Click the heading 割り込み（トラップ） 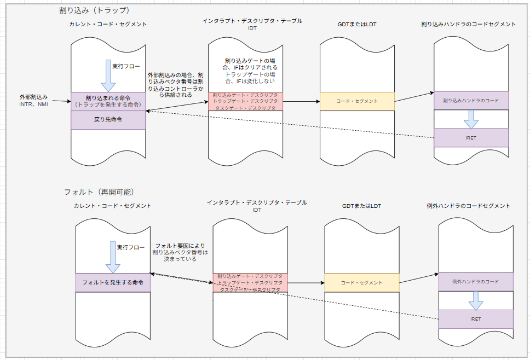tap(94, 10)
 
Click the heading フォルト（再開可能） tap(99, 192)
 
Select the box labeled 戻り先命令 tap(108, 119)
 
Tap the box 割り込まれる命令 tap(108, 101)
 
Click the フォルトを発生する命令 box tap(113, 282)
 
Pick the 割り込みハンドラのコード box tap(471, 100)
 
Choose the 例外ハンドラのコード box tap(475, 281)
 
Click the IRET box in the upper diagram tap(471, 138)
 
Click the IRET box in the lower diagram tap(475, 319)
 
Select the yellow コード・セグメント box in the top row tap(357, 101)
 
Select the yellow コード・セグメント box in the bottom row tap(361, 282)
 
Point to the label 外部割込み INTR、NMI tap(34, 100)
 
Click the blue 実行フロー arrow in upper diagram tap(108, 76)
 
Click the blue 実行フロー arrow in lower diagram tap(113, 257)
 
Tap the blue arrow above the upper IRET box tap(471, 119)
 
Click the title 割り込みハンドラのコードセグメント tap(468, 24)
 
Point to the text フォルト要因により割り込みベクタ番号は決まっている tap(181, 252)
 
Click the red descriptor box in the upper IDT tap(245, 101)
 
